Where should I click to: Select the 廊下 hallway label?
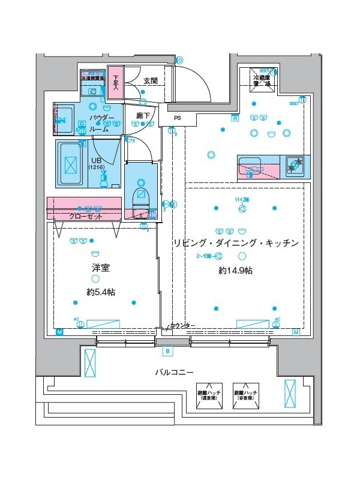click(143, 115)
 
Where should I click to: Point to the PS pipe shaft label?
click(177, 118)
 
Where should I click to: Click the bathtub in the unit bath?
click(71, 163)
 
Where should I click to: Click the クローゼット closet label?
click(85, 216)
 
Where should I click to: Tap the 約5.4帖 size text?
click(101, 292)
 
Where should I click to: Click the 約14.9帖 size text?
click(235, 271)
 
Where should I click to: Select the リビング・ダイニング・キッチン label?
click(235, 243)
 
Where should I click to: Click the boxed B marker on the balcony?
click(167, 351)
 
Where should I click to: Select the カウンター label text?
click(182, 325)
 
